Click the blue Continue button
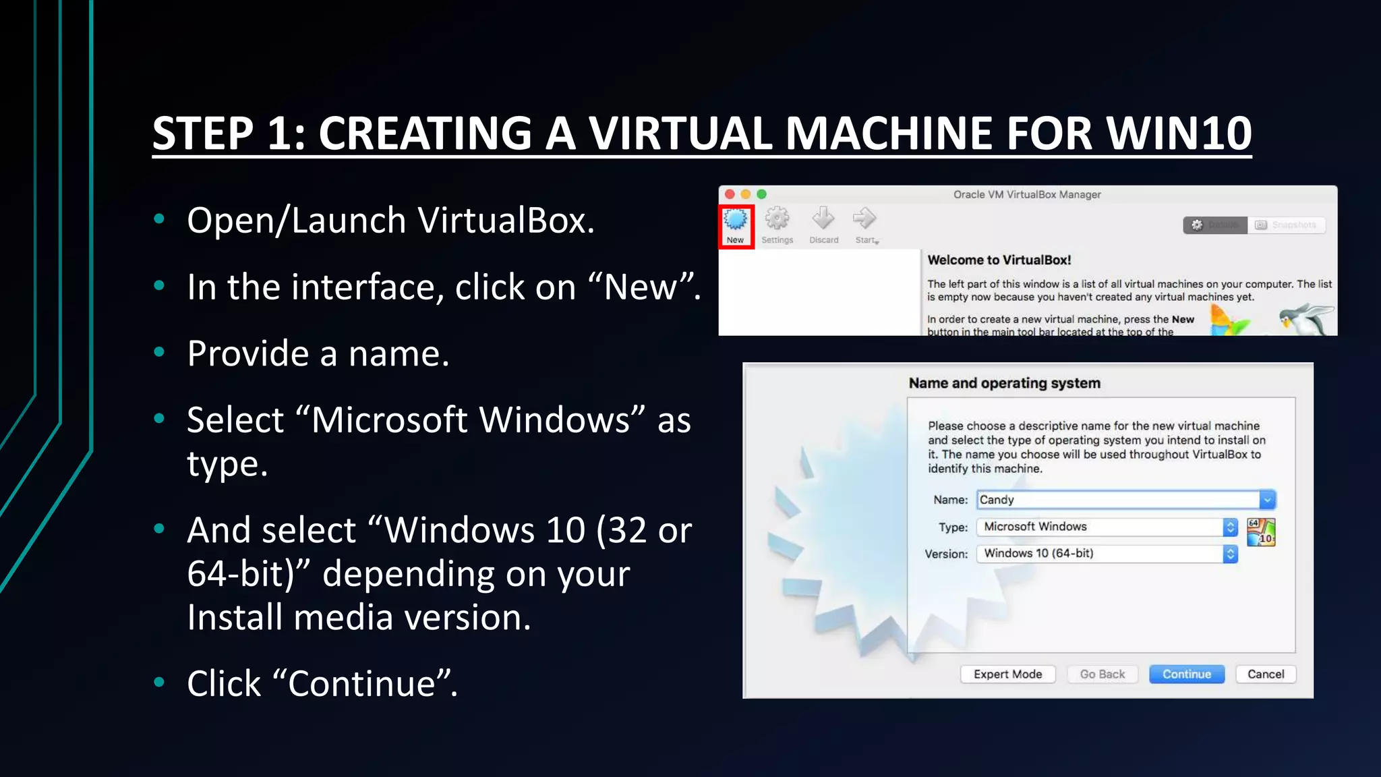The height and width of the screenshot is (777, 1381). (x=1186, y=674)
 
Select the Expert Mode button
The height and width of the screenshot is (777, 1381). (x=1007, y=674)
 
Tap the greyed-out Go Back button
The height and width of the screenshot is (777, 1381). (x=1102, y=674)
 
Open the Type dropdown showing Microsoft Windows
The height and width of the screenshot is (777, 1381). (x=1106, y=527)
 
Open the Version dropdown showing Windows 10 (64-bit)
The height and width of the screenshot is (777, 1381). (x=1106, y=554)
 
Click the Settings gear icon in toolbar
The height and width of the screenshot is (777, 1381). (x=777, y=219)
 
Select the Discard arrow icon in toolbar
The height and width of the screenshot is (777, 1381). (x=823, y=219)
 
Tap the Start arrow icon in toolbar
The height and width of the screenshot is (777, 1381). (x=864, y=219)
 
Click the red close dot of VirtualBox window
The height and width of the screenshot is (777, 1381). (x=730, y=194)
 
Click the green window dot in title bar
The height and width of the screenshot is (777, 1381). (x=761, y=194)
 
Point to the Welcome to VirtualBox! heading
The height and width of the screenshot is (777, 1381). (x=999, y=260)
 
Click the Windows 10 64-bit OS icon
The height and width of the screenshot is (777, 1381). (x=1260, y=532)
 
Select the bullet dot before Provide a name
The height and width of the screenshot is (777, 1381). (x=159, y=352)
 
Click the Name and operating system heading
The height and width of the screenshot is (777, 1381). (x=1004, y=383)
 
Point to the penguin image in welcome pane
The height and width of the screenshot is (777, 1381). (x=1306, y=318)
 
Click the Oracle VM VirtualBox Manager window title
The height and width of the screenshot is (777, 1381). (x=1026, y=194)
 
